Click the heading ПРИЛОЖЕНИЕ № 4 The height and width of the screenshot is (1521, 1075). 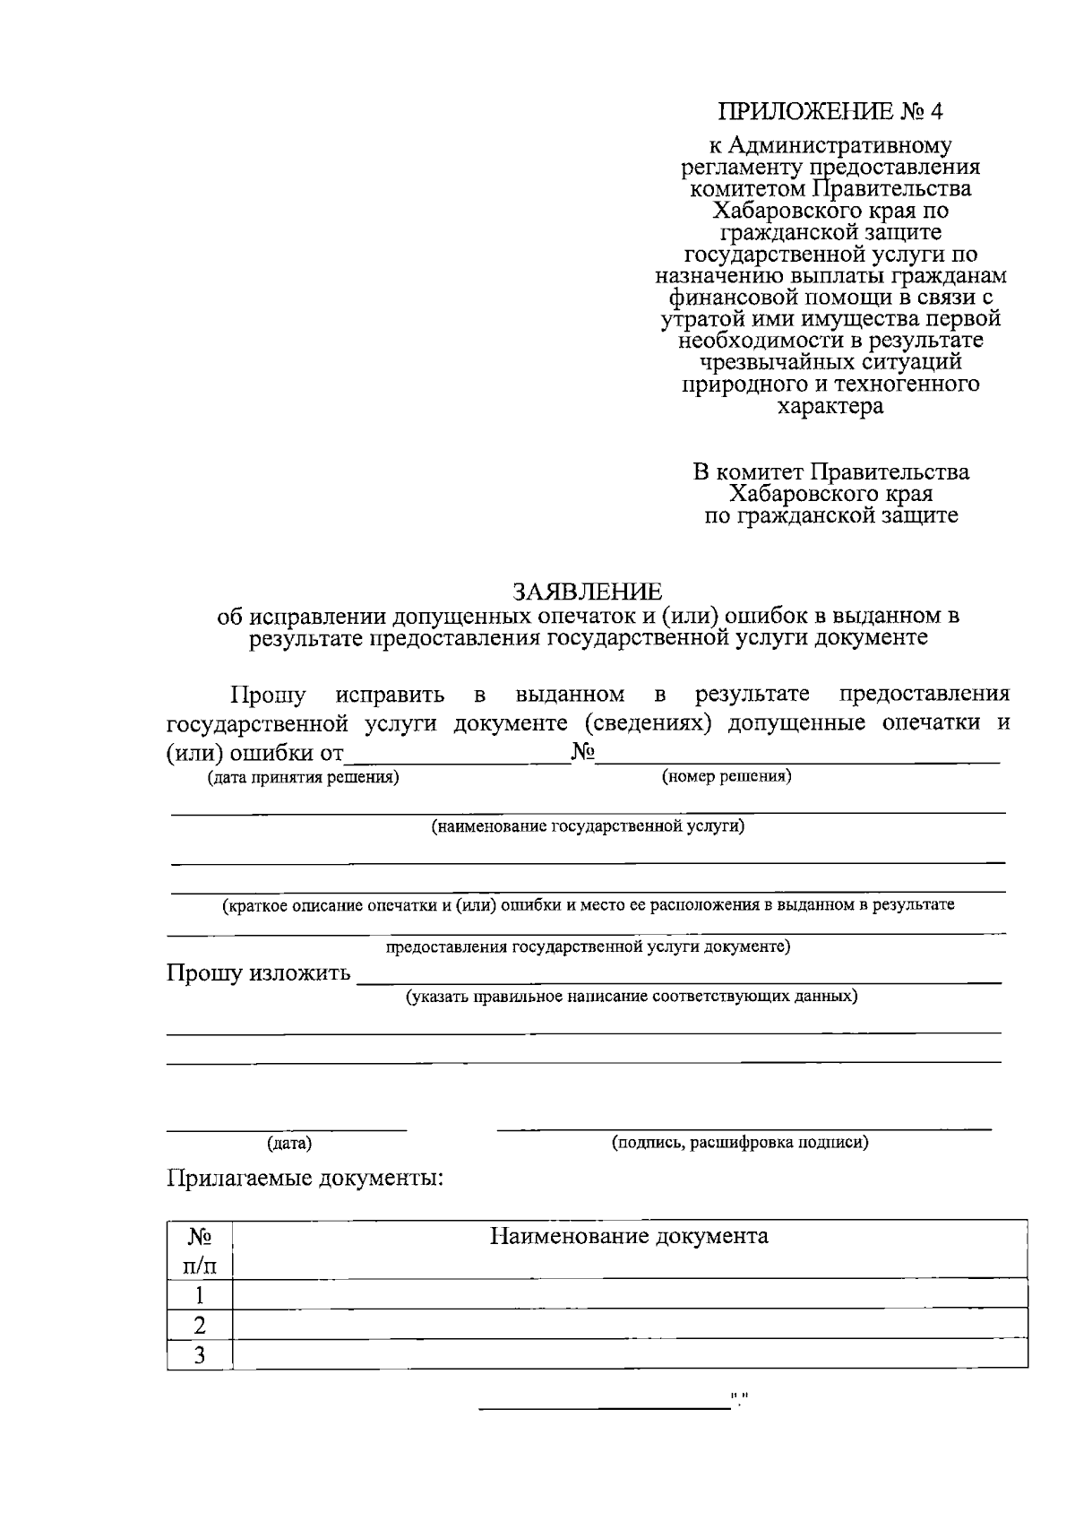coord(830,112)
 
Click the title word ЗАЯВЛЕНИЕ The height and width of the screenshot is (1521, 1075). coord(588,592)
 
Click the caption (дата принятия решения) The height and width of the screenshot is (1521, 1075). coord(304,778)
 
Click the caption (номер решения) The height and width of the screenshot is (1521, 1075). coord(727,776)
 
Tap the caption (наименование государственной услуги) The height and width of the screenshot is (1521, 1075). coord(588,826)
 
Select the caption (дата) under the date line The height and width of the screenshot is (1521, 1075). coord(288,1144)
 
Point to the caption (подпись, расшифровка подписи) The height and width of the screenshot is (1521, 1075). coord(740,1143)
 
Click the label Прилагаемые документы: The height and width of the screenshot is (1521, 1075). coord(305,1178)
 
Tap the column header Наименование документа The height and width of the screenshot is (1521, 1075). coord(629,1237)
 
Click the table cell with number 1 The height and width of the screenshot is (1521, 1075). coord(200,1294)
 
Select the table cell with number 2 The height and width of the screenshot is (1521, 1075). coord(200,1324)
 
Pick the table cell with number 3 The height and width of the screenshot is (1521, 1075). coord(200,1354)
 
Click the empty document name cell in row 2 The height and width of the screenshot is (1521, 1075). coord(629,1324)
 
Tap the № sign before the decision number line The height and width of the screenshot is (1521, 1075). coord(583,752)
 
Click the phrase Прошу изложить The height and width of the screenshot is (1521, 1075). coord(258,973)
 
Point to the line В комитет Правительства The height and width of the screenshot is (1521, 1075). coord(830,472)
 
